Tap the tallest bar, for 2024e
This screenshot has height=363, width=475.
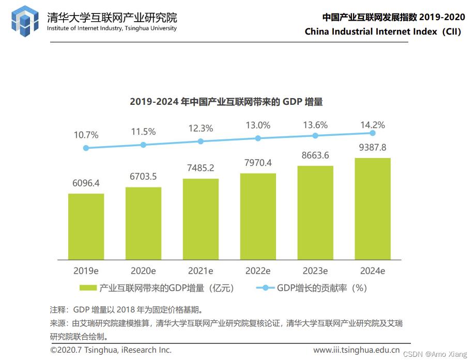click(x=372, y=209)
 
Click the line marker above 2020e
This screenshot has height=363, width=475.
click(x=143, y=145)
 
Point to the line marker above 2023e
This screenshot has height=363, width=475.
click(x=315, y=136)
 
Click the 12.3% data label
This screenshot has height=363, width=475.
click(x=201, y=129)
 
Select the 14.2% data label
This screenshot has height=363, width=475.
click(x=372, y=125)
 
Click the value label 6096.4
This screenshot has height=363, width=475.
click(x=86, y=183)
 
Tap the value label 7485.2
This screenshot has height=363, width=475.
click(x=201, y=168)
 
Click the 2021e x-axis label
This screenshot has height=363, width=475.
click(x=201, y=271)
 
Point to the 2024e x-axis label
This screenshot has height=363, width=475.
click(x=372, y=271)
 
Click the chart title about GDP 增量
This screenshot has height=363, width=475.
click(x=226, y=102)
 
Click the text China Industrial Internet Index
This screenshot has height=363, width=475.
click(x=382, y=31)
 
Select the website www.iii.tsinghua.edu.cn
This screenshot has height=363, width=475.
click(x=356, y=350)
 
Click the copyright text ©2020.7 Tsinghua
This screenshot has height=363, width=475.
click(x=111, y=350)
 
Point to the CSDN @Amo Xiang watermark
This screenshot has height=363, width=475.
click(x=435, y=354)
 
